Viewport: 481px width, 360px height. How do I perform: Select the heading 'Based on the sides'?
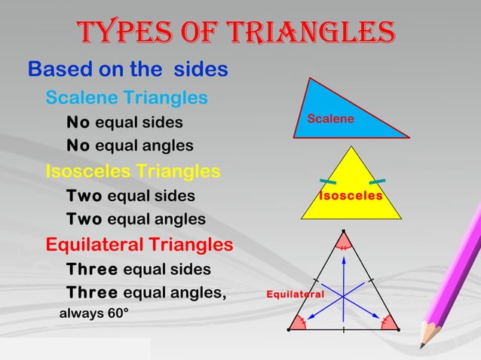click(x=128, y=69)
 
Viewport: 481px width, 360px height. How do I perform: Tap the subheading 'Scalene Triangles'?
click(x=127, y=98)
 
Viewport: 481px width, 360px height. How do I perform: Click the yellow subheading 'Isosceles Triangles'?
click(x=133, y=171)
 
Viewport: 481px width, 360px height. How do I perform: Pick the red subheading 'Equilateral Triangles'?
click(x=139, y=245)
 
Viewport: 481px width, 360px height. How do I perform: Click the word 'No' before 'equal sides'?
click(x=78, y=122)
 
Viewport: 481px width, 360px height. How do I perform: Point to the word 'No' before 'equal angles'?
click(x=78, y=145)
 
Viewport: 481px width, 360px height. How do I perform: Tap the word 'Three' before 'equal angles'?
click(x=91, y=293)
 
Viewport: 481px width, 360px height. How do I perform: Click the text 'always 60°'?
click(x=93, y=313)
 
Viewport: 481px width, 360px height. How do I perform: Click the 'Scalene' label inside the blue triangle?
click(x=330, y=119)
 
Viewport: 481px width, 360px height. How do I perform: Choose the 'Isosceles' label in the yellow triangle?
click(x=350, y=196)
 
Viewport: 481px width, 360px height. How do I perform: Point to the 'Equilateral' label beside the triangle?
click(x=295, y=293)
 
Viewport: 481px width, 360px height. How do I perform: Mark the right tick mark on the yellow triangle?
click(x=377, y=182)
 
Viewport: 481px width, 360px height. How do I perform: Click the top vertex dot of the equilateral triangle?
click(x=344, y=230)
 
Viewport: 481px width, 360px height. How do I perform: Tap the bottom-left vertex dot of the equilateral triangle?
click(x=289, y=330)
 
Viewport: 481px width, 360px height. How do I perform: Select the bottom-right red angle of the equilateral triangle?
click(x=388, y=322)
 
